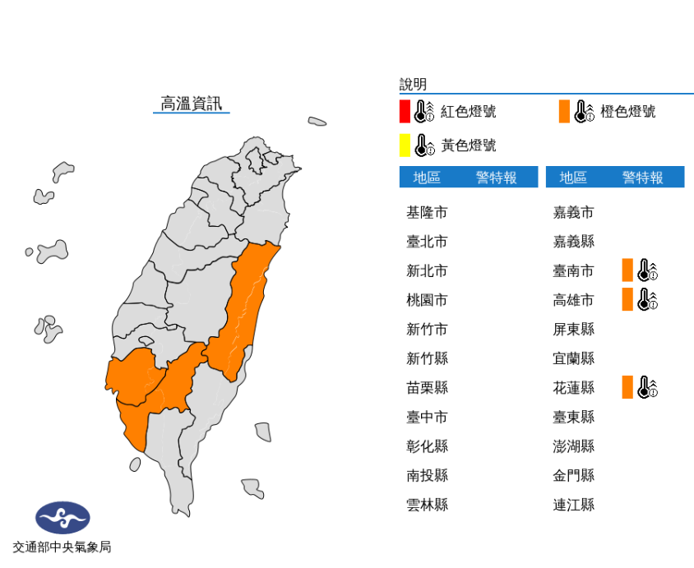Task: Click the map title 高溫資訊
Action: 191,104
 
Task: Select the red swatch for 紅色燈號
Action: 405,111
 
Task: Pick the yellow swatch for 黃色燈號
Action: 405,145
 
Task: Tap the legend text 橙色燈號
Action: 627,112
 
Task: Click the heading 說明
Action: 413,84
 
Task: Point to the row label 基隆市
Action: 427,213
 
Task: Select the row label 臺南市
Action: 573,271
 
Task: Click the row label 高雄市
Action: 573,300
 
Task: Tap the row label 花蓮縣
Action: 573,388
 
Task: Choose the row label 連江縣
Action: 573,505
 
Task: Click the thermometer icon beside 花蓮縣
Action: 648,387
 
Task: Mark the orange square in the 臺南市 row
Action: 627,270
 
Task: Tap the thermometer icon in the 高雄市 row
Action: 648,299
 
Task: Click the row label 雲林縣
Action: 427,505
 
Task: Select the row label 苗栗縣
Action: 427,388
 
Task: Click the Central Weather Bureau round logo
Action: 62,518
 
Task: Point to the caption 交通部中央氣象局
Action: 62,547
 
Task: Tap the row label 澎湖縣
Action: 573,446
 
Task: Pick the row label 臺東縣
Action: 573,417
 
